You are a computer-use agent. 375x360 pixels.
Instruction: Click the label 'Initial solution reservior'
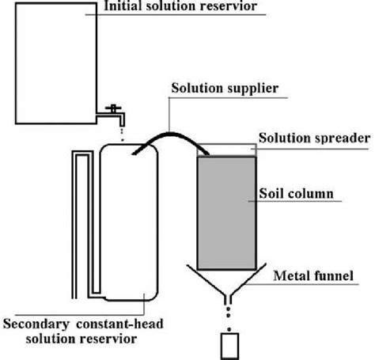(x=180, y=6)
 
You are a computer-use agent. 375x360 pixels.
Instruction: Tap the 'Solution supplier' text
(x=225, y=89)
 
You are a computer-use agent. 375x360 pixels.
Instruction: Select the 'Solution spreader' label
(x=314, y=138)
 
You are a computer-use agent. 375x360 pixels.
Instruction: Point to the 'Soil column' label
(x=296, y=193)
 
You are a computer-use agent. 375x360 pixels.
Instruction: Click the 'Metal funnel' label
(x=313, y=276)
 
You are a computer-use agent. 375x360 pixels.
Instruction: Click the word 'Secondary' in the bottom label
(x=36, y=324)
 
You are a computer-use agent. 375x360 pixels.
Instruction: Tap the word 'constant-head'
(x=119, y=324)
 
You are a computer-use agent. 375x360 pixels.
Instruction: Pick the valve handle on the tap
(x=113, y=108)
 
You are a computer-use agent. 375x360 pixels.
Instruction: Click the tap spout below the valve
(x=122, y=120)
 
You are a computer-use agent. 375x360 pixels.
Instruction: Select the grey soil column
(x=227, y=213)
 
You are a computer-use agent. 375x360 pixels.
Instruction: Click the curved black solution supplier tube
(x=171, y=135)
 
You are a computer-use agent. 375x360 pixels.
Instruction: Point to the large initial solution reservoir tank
(x=56, y=63)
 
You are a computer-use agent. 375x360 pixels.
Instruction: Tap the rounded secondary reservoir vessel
(x=129, y=222)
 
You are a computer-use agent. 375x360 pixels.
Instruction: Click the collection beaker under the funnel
(x=229, y=347)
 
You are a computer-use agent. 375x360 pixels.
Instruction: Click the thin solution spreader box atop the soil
(x=227, y=150)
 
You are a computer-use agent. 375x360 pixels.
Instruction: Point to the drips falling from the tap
(x=122, y=135)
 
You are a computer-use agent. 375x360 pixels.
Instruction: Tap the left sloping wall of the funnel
(x=206, y=280)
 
